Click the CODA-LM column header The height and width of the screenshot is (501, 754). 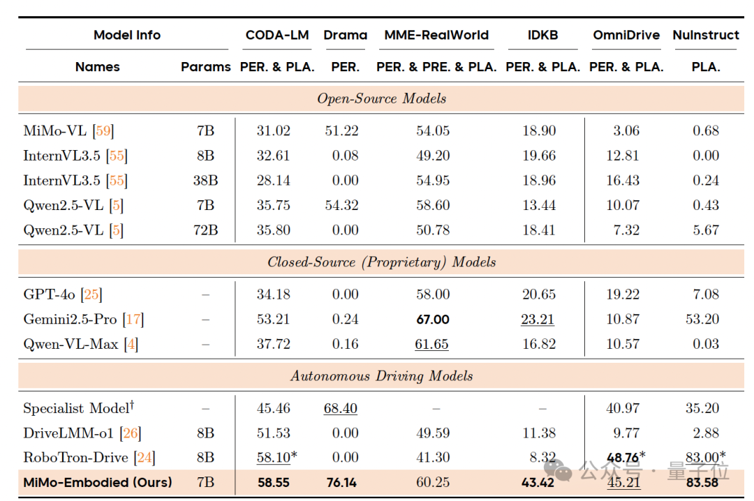pyautogui.click(x=277, y=35)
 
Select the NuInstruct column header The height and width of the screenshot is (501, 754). pyautogui.click(x=705, y=35)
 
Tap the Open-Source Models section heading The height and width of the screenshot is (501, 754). pyautogui.click(x=381, y=98)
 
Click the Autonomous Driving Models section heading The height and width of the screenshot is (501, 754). pyautogui.click(x=381, y=376)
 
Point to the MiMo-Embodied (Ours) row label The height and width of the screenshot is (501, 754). pyautogui.click(x=98, y=482)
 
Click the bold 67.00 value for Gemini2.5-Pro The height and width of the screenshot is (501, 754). pyautogui.click(x=433, y=320)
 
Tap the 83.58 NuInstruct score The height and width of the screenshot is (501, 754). pyautogui.click(x=706, y=482)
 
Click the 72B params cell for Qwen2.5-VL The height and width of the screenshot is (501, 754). pyautogui.click(x=205, y=230)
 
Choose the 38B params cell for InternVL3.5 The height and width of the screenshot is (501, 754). pyautogui.click(x=205, y=181)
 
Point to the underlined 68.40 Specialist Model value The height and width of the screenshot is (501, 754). pyautogui.click(x=340, y=408)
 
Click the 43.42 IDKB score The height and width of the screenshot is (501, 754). pyautogui.click(x=538, y=482)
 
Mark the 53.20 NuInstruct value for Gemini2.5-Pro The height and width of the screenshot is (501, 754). pyautogui.click(x=706, y=320)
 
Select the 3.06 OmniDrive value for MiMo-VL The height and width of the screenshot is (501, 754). pyautogui.click(x=626, y=130)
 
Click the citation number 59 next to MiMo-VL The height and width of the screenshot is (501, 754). pyautogui.click(x=103, y=130)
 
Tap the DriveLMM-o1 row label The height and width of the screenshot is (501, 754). pyautogui.click(x=68, y=433)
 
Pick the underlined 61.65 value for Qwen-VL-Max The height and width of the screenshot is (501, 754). pyautogui.click(x=433, y=344)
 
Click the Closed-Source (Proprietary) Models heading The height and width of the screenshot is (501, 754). pyautogui.click(x=381, y=262)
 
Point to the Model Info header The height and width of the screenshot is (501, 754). pyautogui.click(x=127, y=35)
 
